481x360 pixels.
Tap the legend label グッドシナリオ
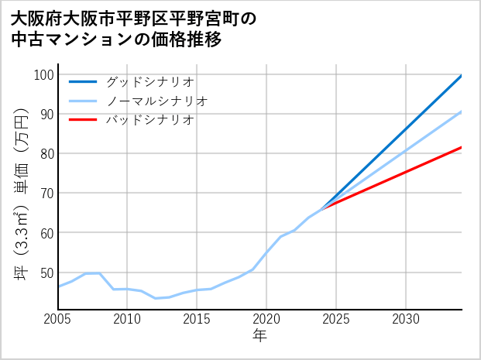(149, 81)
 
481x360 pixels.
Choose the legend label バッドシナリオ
(149, 120)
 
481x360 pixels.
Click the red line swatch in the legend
(83, 120)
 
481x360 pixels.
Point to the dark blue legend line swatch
(83, 81)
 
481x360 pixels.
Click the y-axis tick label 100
(43, 75)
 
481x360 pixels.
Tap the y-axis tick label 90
(46, 115)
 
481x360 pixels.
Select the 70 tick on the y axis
(46, 194)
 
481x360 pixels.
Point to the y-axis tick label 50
(46, 273)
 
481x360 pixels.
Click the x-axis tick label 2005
(58, 319)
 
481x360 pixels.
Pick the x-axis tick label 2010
(128, 319)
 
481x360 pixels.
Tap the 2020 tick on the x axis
(266, 319)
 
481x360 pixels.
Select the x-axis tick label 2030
(406, 319)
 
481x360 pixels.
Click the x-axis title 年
(259, 336)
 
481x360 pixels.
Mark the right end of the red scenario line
(461, 147)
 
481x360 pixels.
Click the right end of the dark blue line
(461, 76)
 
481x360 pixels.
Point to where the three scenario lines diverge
(322, 208)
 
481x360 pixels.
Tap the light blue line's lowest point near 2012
(156, 298)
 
